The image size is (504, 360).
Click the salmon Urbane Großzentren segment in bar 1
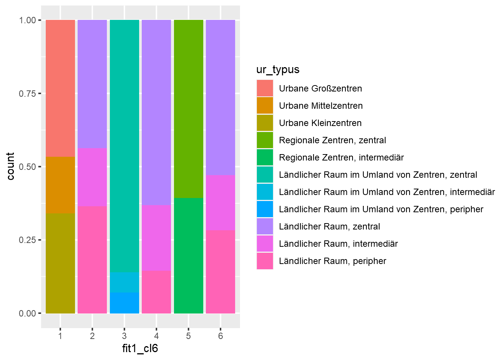60,88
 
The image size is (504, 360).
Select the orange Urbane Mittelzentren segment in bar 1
60,185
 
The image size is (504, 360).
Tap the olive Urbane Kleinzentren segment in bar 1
60,263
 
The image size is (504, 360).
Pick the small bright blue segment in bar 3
124,303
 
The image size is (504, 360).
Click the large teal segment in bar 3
124,146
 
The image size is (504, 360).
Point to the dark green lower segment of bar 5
189,255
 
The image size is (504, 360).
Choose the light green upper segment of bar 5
189,109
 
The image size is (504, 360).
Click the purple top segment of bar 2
92,84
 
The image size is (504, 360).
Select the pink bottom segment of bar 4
156,292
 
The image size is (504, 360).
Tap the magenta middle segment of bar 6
220,203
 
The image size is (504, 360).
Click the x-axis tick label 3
124,336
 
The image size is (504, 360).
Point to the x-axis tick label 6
220,336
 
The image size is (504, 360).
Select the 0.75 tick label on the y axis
27,93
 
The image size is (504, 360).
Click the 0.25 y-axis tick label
27,240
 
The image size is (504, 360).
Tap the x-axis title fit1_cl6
140,349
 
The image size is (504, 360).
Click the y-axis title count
10,166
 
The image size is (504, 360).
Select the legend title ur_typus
278,70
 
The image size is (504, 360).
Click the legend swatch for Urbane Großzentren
265,88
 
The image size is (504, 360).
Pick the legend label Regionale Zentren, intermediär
341,157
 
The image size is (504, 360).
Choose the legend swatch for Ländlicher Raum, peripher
265,261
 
